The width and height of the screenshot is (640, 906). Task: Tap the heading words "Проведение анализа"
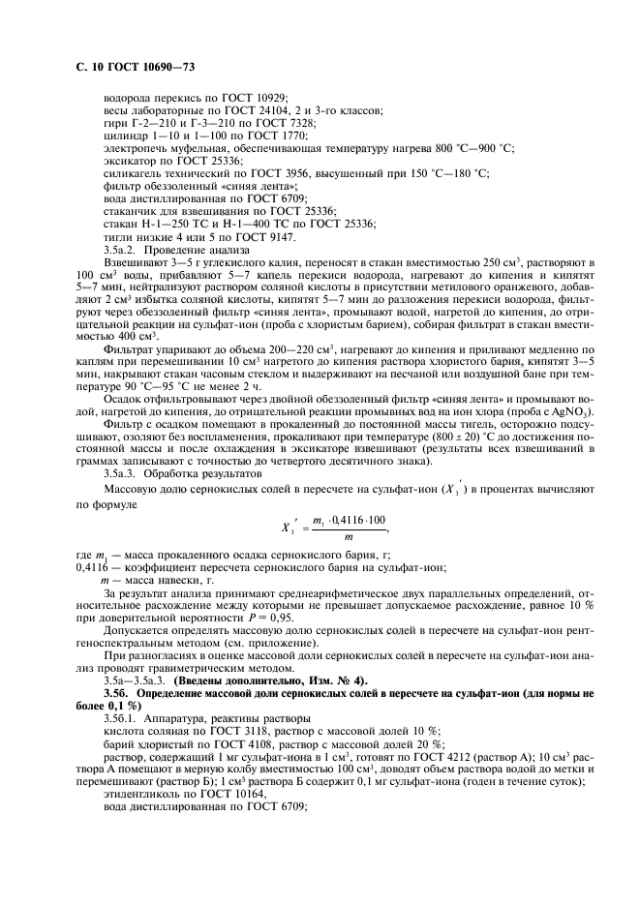click(198, 250)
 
